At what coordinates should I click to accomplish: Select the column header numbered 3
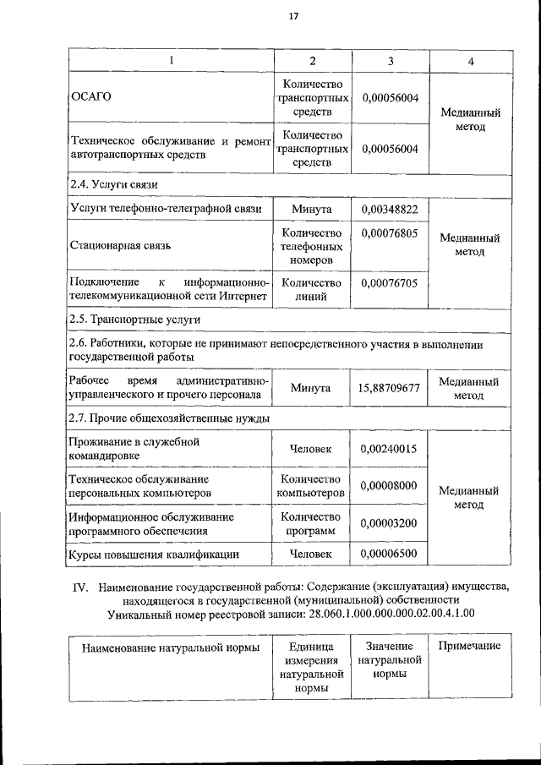(x=391, y=62)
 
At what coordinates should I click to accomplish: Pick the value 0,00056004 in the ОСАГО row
(x=391, y=97)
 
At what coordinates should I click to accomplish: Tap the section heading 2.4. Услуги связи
(x=113, y=184)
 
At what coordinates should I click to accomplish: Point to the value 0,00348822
(x=391, y=209)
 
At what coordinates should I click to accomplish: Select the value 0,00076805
(x=391, y=233)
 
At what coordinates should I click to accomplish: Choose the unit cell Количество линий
(x=311, y=290)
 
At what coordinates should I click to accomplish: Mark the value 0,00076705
(x=391, y=283)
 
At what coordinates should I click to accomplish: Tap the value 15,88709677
(x=390, y=388)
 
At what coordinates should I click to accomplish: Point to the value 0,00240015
(x=391, y=449)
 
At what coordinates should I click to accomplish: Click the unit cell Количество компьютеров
(x=311, y=485)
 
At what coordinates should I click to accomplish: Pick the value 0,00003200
(x=391, y=523)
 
